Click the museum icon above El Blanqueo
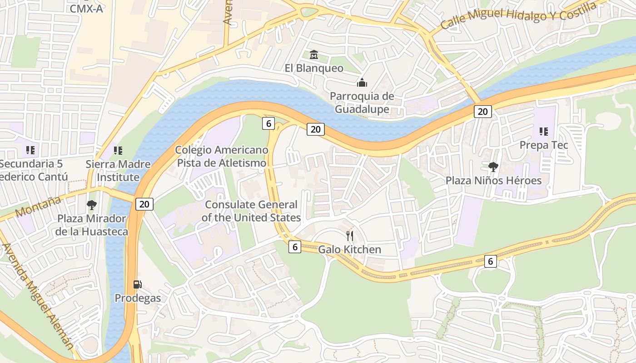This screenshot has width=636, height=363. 313,55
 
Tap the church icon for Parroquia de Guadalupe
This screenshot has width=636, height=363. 362,83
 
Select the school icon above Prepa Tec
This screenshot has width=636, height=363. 543,132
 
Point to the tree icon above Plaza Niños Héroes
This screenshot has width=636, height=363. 493,167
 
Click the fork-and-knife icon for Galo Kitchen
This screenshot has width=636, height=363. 349,235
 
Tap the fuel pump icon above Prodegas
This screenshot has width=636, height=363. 137,285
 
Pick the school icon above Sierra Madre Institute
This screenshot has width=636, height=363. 118,150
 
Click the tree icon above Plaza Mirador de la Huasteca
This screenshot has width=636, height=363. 92,205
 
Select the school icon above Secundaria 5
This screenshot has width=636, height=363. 30,150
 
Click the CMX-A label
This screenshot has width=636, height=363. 86,8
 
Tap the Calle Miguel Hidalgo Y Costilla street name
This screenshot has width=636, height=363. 518,15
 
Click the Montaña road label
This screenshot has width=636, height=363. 38,206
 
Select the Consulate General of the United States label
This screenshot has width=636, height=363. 251,211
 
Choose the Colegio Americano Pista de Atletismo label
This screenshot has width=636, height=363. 222,157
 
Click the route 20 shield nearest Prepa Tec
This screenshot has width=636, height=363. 482,111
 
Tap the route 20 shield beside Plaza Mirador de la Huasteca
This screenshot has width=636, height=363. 144,204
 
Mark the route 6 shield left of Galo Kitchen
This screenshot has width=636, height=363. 295,247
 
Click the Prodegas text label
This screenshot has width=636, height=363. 137,298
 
